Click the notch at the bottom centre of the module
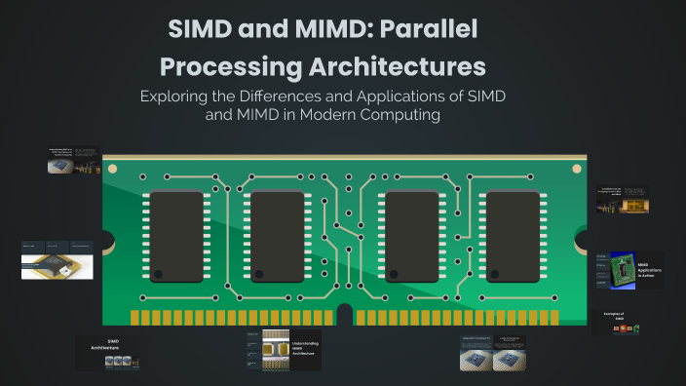[x=344, y=315]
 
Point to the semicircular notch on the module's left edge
[x=106, y=240]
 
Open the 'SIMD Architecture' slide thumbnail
[x=111, y=353]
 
